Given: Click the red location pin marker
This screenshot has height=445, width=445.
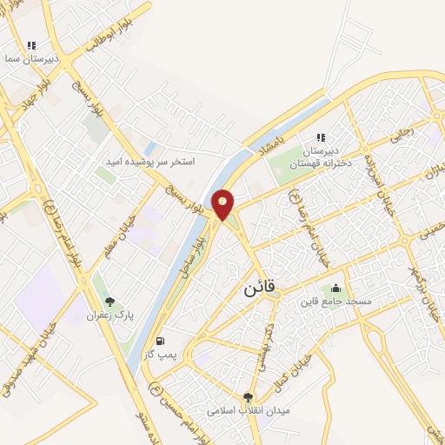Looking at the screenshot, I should pyautogui.click(x=223, y=204).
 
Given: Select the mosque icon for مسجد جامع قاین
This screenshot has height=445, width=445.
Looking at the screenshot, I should pyautogui.click(x=335, y=289).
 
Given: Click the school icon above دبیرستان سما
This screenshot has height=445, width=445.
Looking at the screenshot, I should pyautogui.click(x=32, y=45).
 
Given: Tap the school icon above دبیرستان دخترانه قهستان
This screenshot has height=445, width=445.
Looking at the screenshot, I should pyautogui.click(x=321, y=137).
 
